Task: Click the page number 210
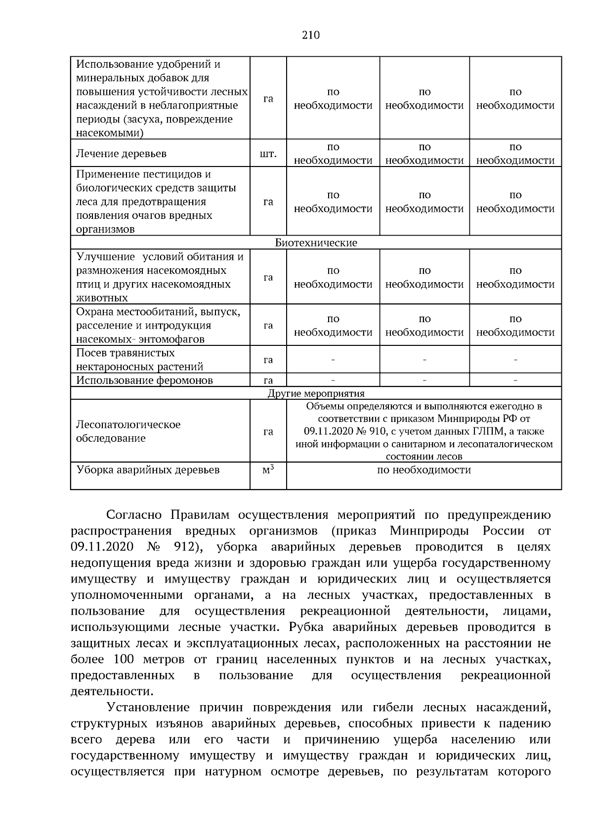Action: coord(311,35)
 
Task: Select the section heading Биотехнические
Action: coord(316,243)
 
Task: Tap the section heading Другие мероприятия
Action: coord(316,394)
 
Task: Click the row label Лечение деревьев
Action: coord(121,154)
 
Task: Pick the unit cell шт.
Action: coord(268,154)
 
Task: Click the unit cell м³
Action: coord(268,470)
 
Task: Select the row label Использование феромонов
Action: coord(145,380)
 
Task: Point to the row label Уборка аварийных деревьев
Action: coord(148,470)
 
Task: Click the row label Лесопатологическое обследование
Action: coord(128,431)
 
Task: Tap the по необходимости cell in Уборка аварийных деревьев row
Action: coord(424,470)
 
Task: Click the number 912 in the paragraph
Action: coord(186,547)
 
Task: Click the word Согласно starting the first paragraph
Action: coord(134,515)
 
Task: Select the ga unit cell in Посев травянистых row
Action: coord(268,360)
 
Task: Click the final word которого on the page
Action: coord(524,771)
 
